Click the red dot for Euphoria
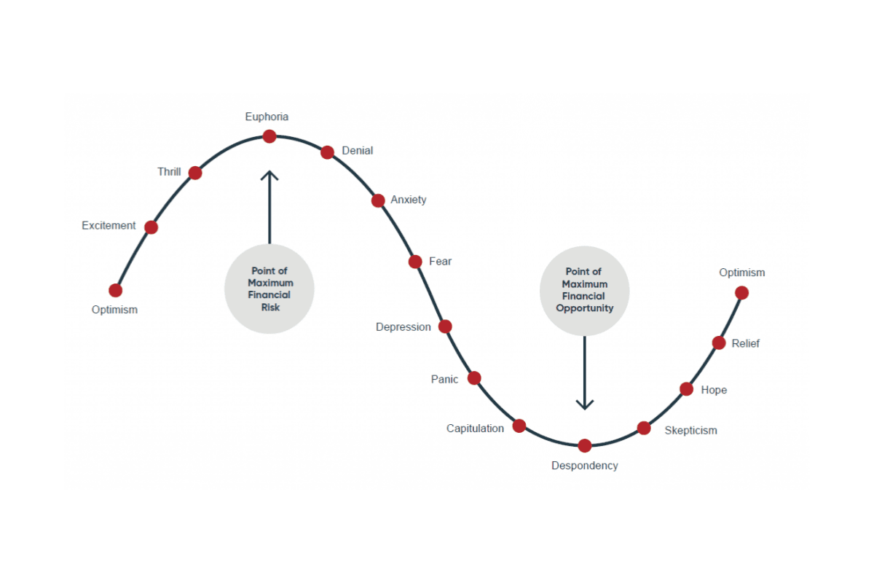269,136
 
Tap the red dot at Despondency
584,445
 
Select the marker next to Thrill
195,173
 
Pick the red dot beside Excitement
151,227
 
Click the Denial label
357,151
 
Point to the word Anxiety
409,200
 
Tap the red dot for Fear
415,262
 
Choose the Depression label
403,327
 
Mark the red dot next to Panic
474,378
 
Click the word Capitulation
475,429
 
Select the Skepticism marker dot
644,428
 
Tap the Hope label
714,390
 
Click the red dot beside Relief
719,343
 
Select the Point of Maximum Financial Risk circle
269,289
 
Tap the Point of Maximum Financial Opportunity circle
584,290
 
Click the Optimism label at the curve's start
114,310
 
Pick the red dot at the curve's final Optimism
741,293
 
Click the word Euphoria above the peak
267,117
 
